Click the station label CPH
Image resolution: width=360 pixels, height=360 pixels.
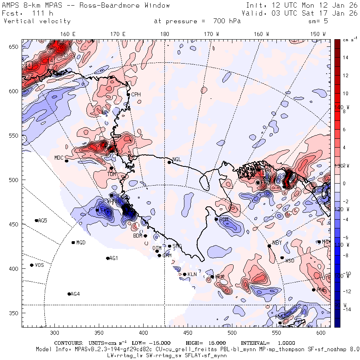click(136, 94)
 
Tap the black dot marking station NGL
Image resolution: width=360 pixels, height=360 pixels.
click(169, 162)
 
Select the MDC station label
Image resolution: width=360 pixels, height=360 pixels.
click(59, 158)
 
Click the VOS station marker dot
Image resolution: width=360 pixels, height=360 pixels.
click(32, 265)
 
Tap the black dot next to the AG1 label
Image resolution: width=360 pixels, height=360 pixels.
click(108, 258)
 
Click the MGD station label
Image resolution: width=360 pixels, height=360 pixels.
click(81, 243)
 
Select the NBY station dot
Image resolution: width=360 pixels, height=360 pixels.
click(269, 246)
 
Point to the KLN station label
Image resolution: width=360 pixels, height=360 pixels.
click(192, 274)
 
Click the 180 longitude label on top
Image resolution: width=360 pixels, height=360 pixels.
click(164, 34)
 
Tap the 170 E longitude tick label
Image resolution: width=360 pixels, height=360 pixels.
click(118, 34)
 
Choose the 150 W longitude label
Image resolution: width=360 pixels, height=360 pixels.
click(318, 34)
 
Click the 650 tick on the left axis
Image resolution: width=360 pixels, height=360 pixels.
click(15, 47)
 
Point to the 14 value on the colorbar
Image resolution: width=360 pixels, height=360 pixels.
click(346, 58)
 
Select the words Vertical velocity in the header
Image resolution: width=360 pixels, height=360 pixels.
click(37, 21)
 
